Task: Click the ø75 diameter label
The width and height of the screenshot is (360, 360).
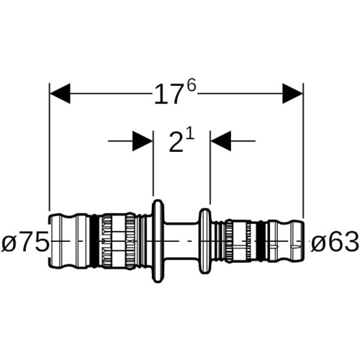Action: (24, 241)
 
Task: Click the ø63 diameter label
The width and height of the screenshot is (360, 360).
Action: (335, 241)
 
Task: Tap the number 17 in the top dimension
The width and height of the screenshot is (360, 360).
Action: (167, 95)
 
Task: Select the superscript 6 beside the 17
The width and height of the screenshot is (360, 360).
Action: (192, 86)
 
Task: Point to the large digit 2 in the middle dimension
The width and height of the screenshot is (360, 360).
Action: (176, 143)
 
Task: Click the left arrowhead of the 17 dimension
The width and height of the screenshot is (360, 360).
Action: (60, 94)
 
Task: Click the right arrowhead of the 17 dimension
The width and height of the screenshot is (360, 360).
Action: (292, 94)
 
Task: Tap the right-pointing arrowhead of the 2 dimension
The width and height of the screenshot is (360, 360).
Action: (143, 141)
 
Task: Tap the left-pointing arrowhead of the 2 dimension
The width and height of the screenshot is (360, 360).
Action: (221, 141)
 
